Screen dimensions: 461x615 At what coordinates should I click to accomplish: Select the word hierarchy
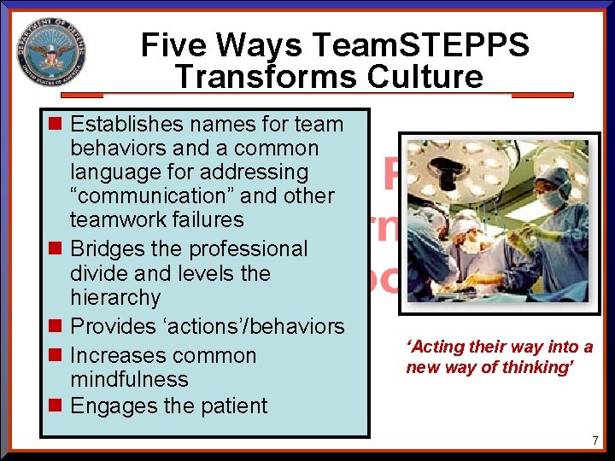coord(115,297)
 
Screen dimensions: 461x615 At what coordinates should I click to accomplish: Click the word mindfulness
coord(129,379)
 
